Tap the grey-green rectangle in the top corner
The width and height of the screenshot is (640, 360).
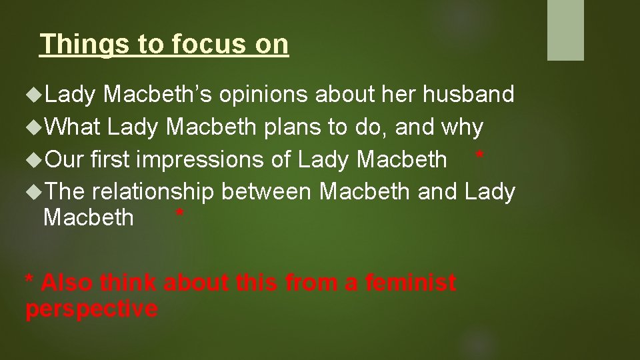point(565,29)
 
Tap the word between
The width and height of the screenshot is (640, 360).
point(267,192)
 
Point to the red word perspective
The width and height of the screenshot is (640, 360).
point(91,309)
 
